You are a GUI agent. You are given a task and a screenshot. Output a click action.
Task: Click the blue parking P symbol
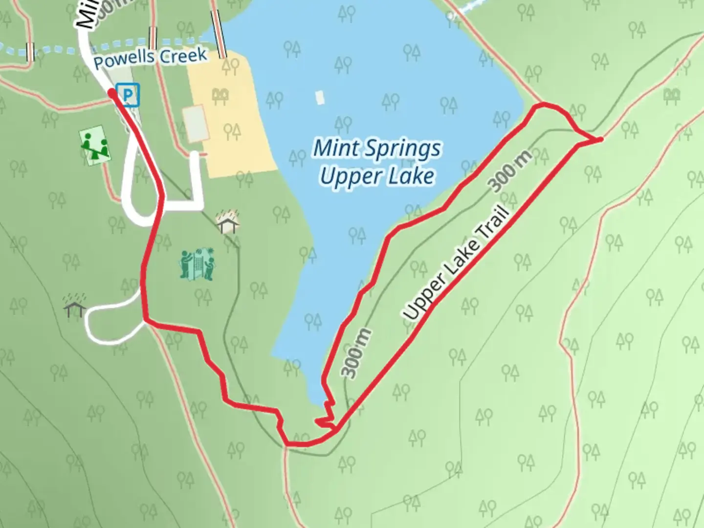pos(128,94)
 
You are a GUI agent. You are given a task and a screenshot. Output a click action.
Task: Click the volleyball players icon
pos(197,264)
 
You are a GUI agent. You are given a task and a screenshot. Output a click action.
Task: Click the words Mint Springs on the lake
pos(376,148)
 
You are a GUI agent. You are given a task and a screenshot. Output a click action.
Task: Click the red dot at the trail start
pos(112,93)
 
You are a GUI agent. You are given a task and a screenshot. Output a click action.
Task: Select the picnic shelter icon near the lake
pos(228,222)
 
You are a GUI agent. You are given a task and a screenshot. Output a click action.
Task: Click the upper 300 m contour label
pos(509,172)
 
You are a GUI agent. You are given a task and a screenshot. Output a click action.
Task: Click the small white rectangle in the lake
pos(320,97)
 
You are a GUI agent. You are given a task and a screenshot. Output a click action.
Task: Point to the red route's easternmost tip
pos(600,140)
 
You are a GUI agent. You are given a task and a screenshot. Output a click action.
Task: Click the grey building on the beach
pos(196,124)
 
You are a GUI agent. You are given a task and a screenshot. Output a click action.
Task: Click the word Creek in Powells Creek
pos(183,56)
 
